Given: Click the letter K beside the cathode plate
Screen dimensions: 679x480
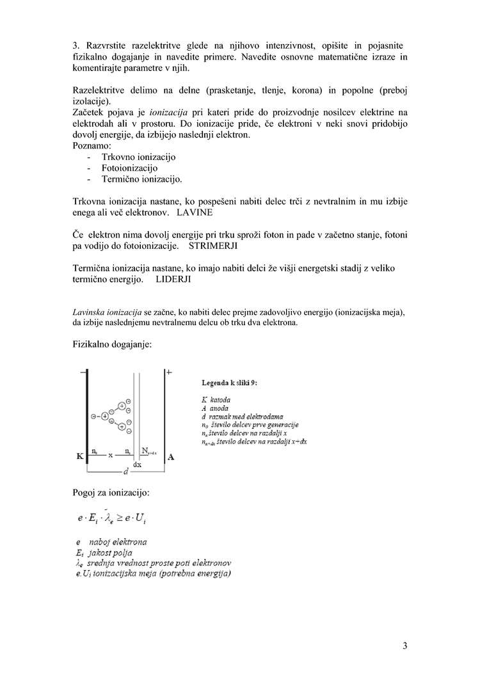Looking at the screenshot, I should coord(80,456).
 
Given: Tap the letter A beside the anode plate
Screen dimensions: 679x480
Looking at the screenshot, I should coord(171,457).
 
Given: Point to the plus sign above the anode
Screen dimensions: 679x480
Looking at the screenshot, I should coord(169,372).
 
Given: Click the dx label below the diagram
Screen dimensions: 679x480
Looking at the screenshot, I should coord(137,464).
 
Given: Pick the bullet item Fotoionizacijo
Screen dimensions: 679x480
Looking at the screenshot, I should coord(129,168).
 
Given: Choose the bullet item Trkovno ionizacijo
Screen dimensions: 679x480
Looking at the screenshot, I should coord(138,157).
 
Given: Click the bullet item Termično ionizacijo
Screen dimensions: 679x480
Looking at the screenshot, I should coord(141,180).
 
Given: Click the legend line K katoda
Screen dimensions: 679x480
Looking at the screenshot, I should coord(216,400).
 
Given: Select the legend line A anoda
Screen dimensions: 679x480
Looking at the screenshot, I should coord(214,408).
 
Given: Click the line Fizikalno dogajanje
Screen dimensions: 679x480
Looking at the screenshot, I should coord(112,345).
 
